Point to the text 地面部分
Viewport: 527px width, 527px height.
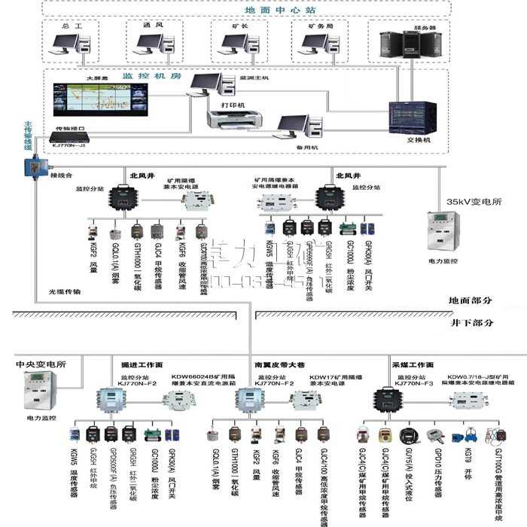tap(471, 300)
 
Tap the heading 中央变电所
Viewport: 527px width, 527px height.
tap(41, 364)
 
